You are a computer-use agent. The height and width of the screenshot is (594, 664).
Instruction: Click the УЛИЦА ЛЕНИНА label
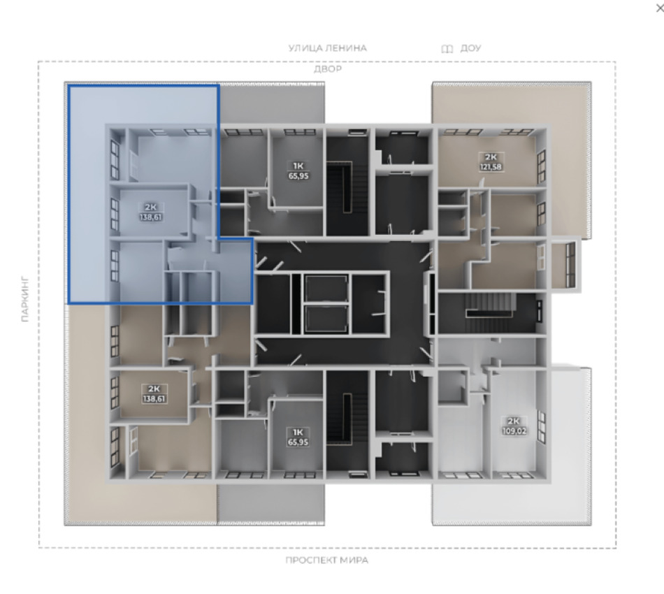[x=327, y=48]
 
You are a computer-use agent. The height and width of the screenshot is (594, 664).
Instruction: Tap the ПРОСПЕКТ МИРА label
[x=326, y=560]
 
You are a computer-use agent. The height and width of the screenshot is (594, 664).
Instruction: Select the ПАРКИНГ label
[x=25, y=299]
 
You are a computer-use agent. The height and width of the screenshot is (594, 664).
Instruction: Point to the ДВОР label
[x=327, y=68]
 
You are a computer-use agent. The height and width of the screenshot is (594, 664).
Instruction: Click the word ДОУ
[x=470, y=48]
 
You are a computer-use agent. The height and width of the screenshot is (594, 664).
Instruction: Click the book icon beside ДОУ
[x=447, y=49]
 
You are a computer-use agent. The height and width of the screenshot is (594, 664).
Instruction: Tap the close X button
[x=660, y=8]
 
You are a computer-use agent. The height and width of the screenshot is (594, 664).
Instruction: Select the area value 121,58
[x=491, y=167]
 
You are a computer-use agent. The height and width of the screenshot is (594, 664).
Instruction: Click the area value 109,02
[x=514, y=431]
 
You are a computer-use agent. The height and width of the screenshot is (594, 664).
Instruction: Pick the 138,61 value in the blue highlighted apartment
[x=151, y=217]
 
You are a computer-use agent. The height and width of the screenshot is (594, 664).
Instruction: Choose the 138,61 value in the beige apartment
[x=154, y=399]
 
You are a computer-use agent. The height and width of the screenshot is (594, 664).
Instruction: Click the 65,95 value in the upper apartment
[x=298, y=175]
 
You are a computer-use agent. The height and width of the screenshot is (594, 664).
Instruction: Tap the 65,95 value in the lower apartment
[x=298, y=442]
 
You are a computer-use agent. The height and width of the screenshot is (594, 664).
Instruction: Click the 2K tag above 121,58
[x=491, y=157]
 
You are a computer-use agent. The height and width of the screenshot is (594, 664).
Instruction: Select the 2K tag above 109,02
[x=513, y=421]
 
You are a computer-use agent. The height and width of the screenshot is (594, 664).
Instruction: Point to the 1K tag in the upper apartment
[x=298, y=166]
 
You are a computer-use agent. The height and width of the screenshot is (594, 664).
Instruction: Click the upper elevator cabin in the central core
[x=326, y=289]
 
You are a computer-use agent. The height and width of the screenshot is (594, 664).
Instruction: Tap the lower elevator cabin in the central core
[x=326, y=319]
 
